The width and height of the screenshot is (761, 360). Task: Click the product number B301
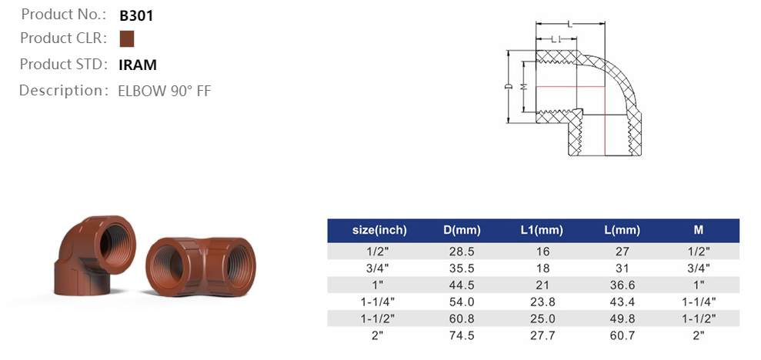pyautogui.click(x=136, y=16)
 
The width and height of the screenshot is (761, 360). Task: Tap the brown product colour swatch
pyautogui.click(x=127, y=38)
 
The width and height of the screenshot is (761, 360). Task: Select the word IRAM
pyautogui.click(x=138, y=65)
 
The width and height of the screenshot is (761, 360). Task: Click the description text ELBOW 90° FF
pyautogui.click(x=165, y=92)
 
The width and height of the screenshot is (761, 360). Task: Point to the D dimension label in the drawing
pyautogui.click(x=509, y=86)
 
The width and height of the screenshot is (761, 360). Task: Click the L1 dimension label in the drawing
pyautogui.click(x=556, y=39)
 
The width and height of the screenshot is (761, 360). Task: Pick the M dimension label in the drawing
pyautogui.click(x=523, y=86)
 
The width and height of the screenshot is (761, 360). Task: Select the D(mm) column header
pyautogui.click(x=462, y=231)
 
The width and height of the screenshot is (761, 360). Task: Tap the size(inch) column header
pyautogui.click(x=379, y=231)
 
